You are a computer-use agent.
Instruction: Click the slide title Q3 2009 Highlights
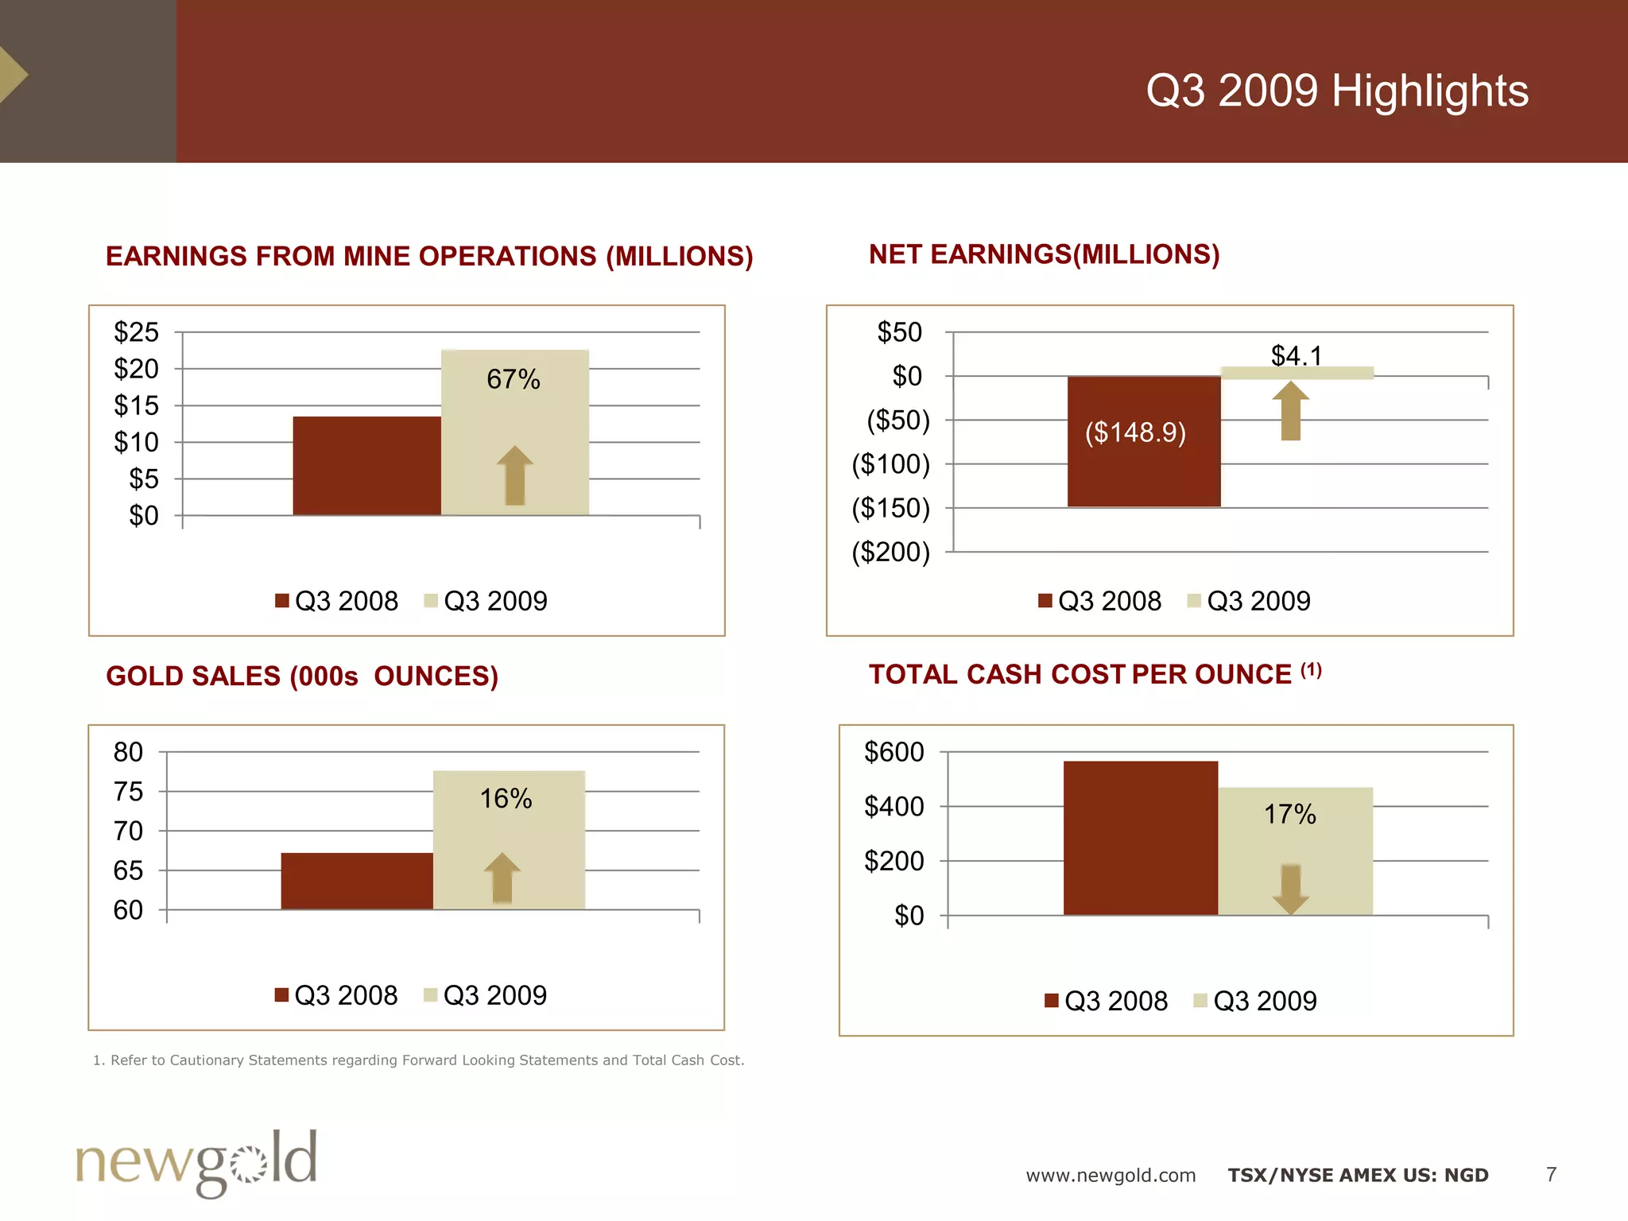pos(1336,91)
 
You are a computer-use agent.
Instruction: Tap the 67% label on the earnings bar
pos(513,379)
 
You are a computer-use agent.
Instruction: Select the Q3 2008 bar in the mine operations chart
pos(366,466)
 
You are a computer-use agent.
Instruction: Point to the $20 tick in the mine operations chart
pos(136,369)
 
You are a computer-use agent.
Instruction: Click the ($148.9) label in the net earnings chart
pos(1135,432)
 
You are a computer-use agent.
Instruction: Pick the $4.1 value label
pos(1296,355)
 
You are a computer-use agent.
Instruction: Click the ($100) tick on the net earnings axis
pos(890,464)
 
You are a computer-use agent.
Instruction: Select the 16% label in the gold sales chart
pos(506,798)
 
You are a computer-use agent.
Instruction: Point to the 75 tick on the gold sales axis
pos(128,792)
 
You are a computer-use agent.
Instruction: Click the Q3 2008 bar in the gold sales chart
pos(357,881)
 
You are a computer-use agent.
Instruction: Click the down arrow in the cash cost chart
pos(1291,889)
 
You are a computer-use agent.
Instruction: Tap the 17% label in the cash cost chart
pos(1289,814)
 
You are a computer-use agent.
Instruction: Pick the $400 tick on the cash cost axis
pos(893,807)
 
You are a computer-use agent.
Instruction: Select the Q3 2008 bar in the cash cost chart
pos(1140,838)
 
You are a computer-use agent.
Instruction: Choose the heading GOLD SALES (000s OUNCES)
pos(302,676)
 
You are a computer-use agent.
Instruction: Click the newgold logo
pos(196,1163)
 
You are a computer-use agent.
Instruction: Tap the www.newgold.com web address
pos(1111,1175)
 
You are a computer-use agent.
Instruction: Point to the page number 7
pos(1551,1174)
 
